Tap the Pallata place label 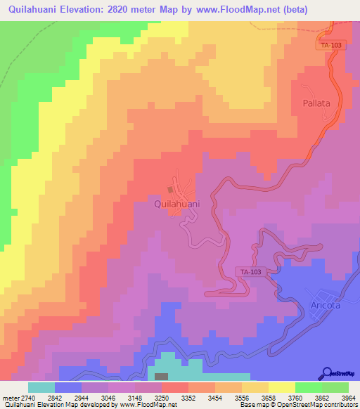coord(316,103)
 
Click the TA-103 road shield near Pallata coord(330,45)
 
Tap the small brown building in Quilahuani coord(170,189)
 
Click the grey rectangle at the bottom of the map coord(162,377)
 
